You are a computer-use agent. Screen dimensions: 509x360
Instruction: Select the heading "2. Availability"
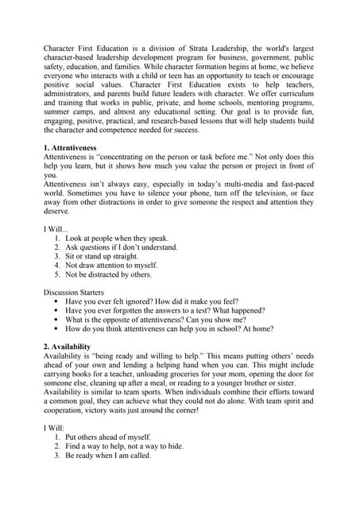click(67, 347)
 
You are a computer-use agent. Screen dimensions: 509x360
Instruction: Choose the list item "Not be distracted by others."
click(108, 275)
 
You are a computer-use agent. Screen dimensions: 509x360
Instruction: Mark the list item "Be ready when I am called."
click(108, 457)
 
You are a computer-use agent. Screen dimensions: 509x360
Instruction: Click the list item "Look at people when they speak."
click(117, 238)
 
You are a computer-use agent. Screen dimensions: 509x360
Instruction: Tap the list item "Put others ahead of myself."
click(108, 437)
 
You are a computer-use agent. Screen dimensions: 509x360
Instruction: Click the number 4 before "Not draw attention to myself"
click(57, 266)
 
